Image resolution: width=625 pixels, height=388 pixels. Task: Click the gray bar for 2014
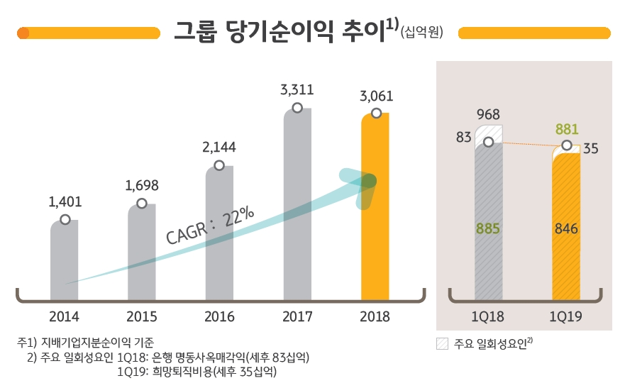(x=65, y=259)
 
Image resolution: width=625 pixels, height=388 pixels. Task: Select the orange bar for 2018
(x=375, y=213)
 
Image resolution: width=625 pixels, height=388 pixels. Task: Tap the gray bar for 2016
(x=219, y=234)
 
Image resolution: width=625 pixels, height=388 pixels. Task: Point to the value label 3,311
(x=297, y=90)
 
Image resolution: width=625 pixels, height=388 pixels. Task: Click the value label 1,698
(x=142, y=186)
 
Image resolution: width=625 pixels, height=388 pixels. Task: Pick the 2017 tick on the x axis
(x=297, y=317)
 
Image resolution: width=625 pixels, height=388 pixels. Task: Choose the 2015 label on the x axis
(x=142, y=317)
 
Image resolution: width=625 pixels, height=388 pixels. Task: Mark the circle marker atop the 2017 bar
(x=297, y=108)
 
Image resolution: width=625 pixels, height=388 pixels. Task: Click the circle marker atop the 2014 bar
(x=65, y=220)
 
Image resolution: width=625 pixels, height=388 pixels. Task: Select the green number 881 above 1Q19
(x=566, y=130)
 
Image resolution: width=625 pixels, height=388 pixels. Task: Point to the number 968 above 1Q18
(x=489, y=113)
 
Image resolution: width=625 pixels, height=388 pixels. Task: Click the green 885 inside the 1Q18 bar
(x=489, y=229)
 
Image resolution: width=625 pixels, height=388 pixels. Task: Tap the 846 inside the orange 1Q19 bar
(x=566, y=229)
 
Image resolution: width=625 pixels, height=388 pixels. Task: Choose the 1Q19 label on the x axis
(x=566, y=317)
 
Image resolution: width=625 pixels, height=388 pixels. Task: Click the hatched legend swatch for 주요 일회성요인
(x=442, y=344)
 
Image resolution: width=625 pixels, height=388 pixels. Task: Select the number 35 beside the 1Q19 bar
(x=590, y=149)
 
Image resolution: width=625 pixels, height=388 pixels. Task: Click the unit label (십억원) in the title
(x=421, y=33)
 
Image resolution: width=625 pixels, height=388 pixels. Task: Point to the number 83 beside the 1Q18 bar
(x=464, y=138)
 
